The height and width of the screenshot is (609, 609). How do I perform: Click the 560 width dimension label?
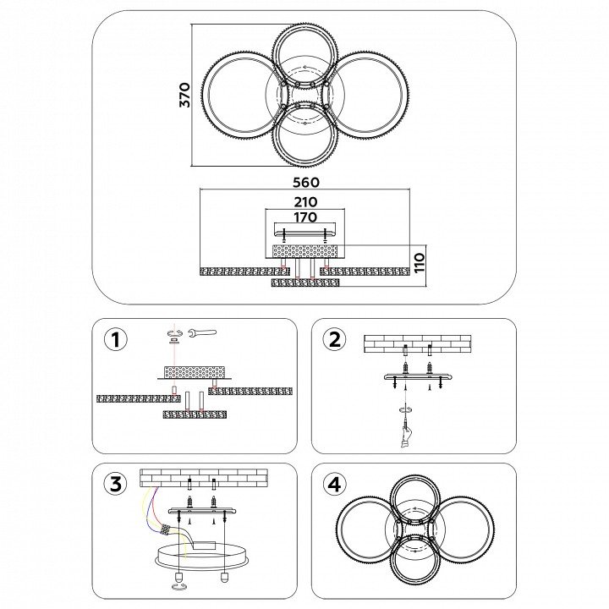coord(305,182)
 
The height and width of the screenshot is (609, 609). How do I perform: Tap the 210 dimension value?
coord(305,201)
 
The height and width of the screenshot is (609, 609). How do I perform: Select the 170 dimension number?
coord(305,217)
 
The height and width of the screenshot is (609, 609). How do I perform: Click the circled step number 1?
coord(116,339)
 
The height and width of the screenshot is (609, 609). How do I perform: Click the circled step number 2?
coord(334,339)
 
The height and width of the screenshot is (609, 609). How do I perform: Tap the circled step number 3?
coord(116,484)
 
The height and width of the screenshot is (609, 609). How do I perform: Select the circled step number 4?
coord(334,484)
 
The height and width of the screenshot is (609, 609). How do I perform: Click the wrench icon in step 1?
coord(201,332)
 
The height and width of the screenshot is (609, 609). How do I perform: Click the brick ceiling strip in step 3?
coord(203,476)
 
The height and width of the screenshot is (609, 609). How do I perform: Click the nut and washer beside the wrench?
coord(175,335)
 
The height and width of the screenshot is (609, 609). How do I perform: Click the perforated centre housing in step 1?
coord(195,371)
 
